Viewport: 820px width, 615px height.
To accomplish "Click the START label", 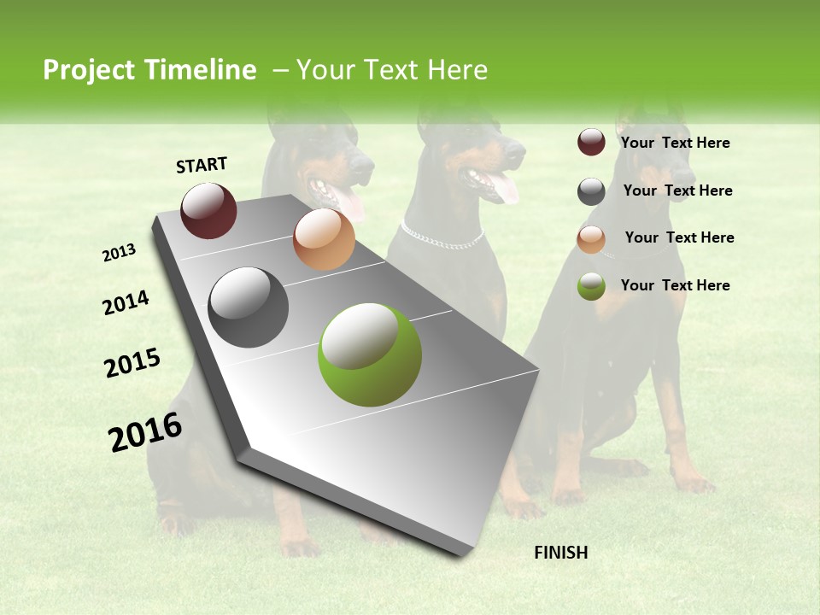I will click(202, 165).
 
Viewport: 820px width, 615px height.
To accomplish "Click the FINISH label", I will click(560, 553).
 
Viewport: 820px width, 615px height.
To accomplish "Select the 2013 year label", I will click(119, 253).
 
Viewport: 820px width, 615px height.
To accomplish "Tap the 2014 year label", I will click(126, 303).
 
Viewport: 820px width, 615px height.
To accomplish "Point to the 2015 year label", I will click(132, 363).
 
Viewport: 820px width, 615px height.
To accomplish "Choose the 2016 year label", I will click(145, 431).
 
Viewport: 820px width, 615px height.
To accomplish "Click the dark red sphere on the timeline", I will click(208, 210).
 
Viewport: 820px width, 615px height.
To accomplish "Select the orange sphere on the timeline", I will click(324, 239).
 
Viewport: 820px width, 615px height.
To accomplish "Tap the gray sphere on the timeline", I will click(249, 307).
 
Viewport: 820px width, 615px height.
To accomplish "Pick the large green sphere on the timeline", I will click(370, 354).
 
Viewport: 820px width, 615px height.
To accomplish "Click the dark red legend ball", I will click(591, 143).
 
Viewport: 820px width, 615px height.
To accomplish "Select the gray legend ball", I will click(591, 191).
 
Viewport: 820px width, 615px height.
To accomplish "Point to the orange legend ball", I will click(591, 239).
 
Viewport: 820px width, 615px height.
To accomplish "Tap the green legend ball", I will click(591, 286).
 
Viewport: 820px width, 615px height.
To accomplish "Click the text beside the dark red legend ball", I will click(675, 143).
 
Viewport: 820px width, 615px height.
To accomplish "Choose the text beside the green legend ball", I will click(675, 285).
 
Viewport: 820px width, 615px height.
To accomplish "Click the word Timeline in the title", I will click(196, 70).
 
